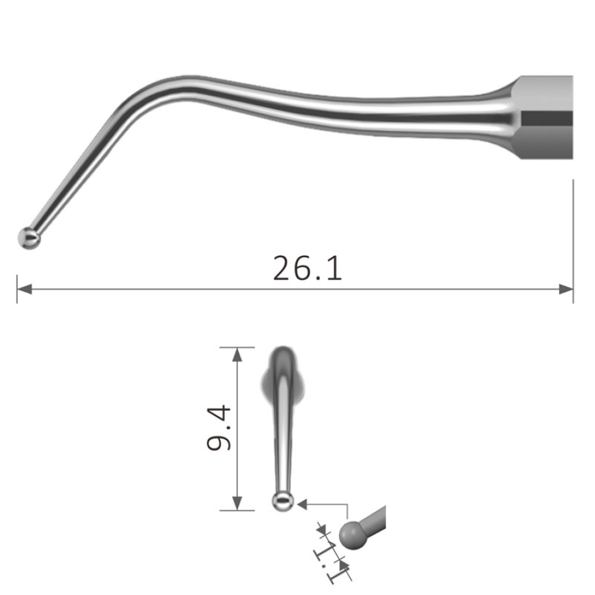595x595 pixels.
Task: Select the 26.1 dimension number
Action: pos(307,268)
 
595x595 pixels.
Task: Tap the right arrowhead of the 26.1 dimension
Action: pos(566,289)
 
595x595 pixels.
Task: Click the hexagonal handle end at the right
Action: pos(545,118)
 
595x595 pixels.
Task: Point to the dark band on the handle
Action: pos(547,119)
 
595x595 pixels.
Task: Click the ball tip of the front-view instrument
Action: pos(282,501)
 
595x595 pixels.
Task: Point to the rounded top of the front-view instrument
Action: pos(282,352)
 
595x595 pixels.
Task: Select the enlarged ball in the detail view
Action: pos(352,535)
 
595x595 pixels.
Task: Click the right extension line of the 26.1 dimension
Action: pos(573,238)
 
